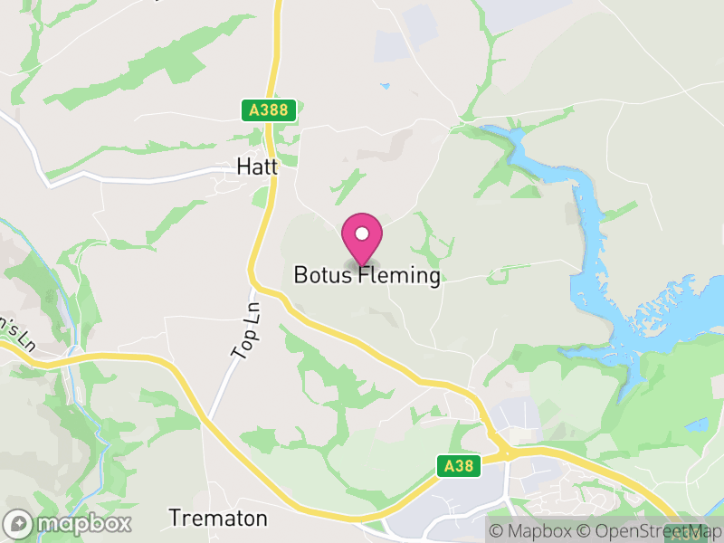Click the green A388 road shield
pos(269,110)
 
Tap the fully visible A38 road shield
pos(457,466)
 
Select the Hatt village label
pos(256,167)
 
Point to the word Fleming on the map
pos(399,275)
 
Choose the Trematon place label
pos(218,519)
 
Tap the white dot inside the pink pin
pos(362,233)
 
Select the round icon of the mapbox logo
pos(19,523)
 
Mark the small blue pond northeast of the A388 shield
pos(386,87)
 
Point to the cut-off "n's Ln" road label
pos(16,332)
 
